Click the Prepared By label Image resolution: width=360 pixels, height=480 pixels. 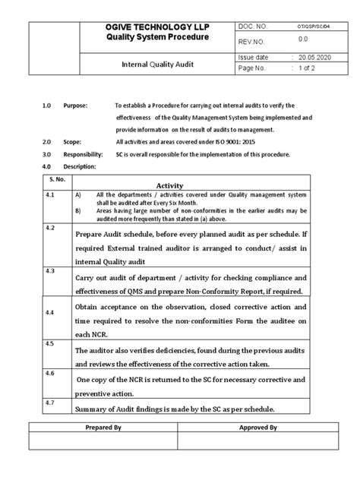tap(104, 428)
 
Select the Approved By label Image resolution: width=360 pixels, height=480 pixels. tap(257, 428)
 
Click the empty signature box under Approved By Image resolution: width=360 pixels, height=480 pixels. tap(257, 442)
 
